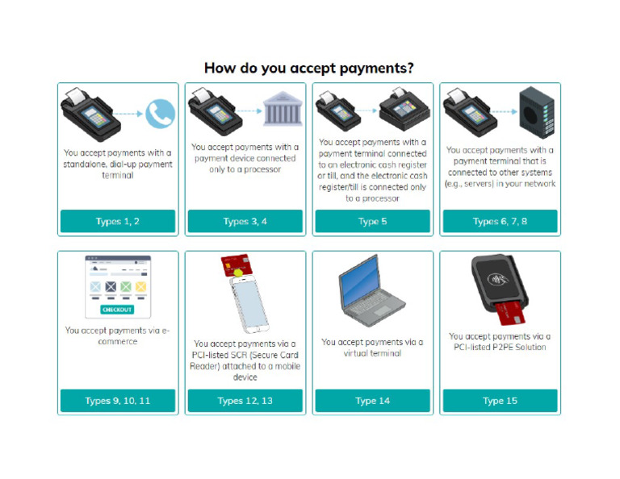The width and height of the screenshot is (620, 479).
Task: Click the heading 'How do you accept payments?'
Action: tap(309, 68)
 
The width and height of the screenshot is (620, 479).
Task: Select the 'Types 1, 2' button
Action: tap(118, 221)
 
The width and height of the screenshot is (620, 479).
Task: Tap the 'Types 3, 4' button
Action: tap(245, 221)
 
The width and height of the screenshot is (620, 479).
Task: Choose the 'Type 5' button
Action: tap(372, 221)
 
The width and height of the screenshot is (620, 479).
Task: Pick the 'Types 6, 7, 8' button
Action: tap(500, 221)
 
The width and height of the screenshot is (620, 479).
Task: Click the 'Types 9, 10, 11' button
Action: tap(118, 401)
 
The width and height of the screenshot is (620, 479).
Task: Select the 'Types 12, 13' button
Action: tap(245, 401)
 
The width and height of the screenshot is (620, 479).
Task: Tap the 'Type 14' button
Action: tap(372, 401)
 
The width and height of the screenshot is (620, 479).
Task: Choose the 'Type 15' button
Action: tap(500, 401)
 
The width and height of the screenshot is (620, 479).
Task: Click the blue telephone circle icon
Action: tap(160, 114)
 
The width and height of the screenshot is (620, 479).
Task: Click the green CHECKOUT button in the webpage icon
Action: tap(118, 310)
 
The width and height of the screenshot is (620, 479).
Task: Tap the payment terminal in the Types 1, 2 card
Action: tap(93, 113)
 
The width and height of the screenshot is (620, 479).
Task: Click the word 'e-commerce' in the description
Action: tap(118, 341)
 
